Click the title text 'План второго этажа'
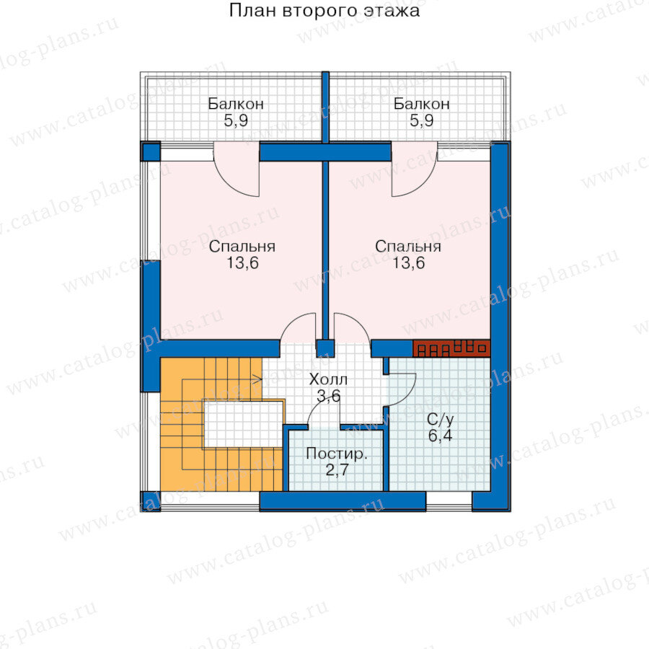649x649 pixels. [x=324, y=11]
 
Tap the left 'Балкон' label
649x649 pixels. [x=236, y=103]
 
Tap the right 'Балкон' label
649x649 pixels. [x=421, y=103]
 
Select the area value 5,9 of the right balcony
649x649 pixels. [x=421, y=121]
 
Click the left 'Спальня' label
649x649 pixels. [x=242, y=247]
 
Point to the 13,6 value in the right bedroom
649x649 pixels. [x=409, y=263]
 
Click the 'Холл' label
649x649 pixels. [x=328, y=379]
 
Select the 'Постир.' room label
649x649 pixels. [x=337, y=454]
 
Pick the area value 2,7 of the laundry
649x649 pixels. [x=337, y=470]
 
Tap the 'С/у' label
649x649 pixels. [x=441, y=420]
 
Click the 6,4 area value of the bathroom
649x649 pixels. [x=441, y=436]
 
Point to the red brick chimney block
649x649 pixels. [x=451, y=348]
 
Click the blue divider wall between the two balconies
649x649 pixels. [x=325, y=107]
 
